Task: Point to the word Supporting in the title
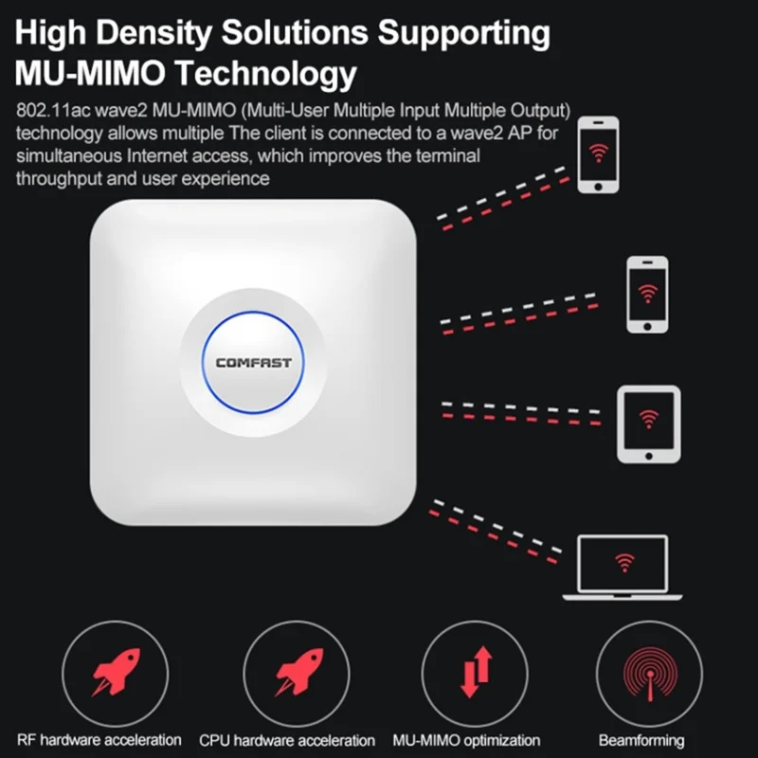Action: coord(464,32)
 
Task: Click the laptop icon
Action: coord(623,568)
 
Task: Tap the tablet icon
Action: coord(648,424)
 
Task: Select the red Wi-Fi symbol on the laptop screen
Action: coord(623,564)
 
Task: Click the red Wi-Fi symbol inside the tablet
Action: coord(648,418)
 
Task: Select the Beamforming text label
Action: coord(641,740)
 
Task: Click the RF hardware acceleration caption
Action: coord(99,740)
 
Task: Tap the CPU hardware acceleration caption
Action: coord(287,740)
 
